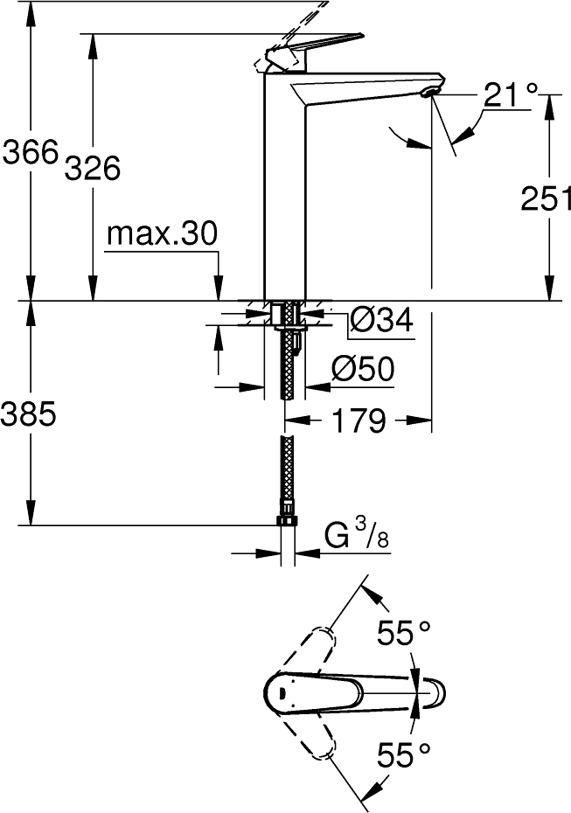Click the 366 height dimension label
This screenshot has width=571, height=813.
[30, 152]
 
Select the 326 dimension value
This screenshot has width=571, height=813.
[93, 168]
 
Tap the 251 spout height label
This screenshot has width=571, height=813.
[546, 198]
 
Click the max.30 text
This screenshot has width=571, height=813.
[161, 233]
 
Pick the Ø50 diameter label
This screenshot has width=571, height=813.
[363, 369]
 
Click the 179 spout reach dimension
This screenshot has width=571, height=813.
[359, 420]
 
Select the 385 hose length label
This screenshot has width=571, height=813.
[29, 414]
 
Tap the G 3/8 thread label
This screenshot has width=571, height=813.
[357, 536]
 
